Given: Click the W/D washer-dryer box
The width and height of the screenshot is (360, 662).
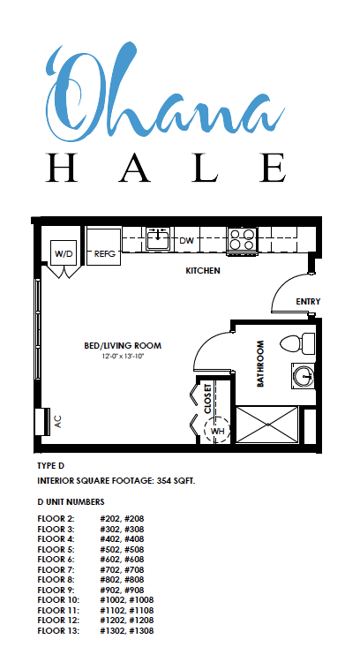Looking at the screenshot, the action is coord(64,253).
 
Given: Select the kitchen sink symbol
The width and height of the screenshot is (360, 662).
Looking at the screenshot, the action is coord(158,238).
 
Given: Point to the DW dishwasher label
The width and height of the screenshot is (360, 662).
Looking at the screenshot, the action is coord(186,241).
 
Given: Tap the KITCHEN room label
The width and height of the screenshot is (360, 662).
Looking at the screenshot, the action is coord(203,270).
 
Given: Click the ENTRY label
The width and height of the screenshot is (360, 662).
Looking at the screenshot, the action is coord(308,302).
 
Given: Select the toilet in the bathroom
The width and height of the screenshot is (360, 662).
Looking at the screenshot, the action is coord(298,343).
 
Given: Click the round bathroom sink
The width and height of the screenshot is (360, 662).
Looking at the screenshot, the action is coord(303,375).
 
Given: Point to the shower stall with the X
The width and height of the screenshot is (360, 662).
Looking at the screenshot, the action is coord(266,425).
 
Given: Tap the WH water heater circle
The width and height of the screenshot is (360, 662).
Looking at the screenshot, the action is coord(216,431).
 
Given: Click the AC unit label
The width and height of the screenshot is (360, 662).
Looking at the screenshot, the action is coord(58,421).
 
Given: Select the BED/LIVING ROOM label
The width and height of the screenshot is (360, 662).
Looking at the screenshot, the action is coord(123,346).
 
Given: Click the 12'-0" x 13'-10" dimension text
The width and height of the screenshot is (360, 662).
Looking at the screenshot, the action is coord(123,357).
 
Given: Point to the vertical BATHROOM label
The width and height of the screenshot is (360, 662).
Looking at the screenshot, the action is coord(260,364).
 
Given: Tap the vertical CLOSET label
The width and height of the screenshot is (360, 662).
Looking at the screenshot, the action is coord(207,399).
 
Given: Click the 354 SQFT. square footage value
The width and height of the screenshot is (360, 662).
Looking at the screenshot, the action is coord(176,481).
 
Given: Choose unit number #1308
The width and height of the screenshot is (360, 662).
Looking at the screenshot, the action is coord(141,631).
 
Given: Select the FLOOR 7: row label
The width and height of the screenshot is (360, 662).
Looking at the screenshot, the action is coord(56,570).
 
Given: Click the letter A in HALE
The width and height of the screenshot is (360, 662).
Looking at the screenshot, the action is coord(134,168).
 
